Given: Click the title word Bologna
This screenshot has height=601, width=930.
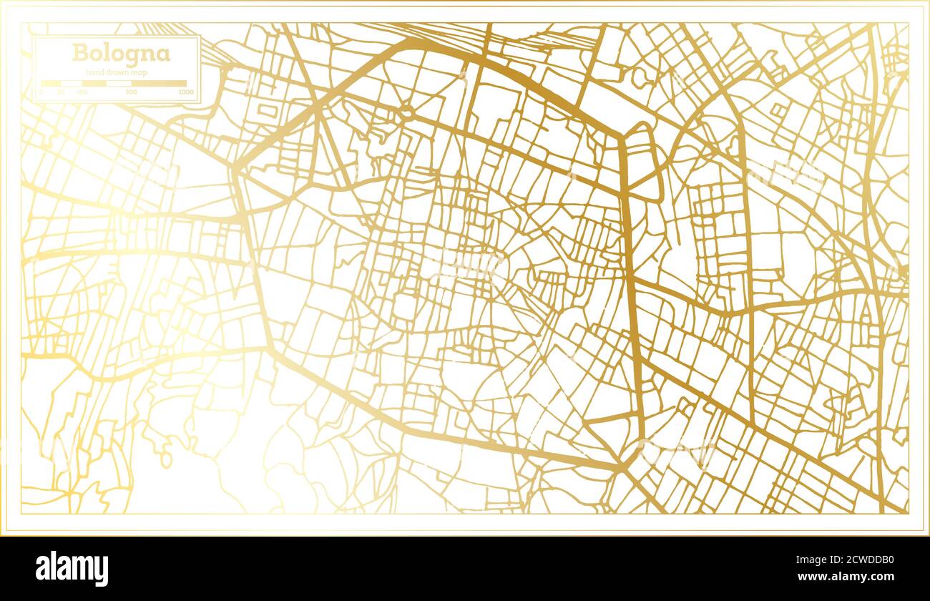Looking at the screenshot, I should (x=120, y=54).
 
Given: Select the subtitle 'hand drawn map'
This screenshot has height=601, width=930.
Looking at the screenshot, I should (x=116, y=72).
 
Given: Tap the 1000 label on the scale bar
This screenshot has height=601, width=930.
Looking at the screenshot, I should (x=186, y=92).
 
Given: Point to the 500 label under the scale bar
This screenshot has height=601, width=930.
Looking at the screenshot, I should (x=131, y=92).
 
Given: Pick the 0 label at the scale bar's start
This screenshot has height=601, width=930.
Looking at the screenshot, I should (x=41, y=92).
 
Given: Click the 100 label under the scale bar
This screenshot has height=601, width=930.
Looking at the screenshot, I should (x=82, y=92).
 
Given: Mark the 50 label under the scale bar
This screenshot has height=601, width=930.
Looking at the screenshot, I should (x=61, y=92).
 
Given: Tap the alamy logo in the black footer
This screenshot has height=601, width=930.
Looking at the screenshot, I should (x=72, y=569).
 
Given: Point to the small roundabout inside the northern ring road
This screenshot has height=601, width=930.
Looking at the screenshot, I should (x=407, y=112).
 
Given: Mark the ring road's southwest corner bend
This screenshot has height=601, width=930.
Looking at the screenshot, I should (x=271, y=350).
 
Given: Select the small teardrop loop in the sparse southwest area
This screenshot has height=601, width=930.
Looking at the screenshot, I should (x=165, y=458).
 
